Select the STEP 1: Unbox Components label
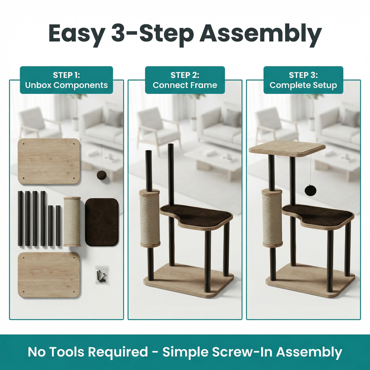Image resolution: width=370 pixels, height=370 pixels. [66, 80]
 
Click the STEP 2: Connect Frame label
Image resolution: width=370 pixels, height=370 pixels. [185, 80]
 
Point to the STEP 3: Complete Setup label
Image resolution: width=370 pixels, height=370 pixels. [303, 80]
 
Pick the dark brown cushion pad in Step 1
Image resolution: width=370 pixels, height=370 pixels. [102, 222]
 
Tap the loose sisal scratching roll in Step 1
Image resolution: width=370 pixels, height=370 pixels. [72, 222]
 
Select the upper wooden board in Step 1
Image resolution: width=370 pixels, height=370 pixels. [49, 161]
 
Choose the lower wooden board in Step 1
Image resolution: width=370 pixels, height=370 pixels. [49, 275]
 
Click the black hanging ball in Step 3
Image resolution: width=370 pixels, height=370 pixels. [310, 190]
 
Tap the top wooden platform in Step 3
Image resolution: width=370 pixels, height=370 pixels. [287, 149]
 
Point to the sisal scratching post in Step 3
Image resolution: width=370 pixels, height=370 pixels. [272, 218]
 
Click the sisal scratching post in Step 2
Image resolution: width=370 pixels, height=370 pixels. [150, 218]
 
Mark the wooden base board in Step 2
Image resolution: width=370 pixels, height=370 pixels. [188, 280]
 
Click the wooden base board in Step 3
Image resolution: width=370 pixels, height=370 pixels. [310, 280]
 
